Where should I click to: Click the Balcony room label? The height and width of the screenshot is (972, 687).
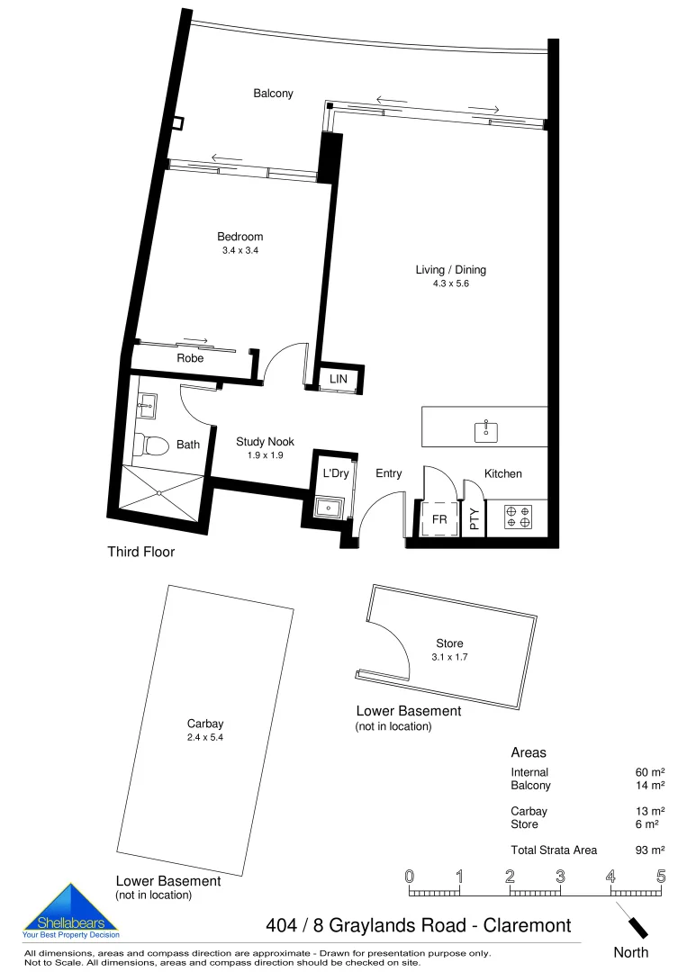tap(273, 94)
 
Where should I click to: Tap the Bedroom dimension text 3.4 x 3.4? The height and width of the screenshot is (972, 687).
tap(240, 251)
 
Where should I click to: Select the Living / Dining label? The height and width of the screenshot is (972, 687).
tap(450, 269)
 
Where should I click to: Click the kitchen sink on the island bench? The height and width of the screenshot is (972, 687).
tap(486, 430)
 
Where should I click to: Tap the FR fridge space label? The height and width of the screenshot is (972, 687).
tap(439, 520)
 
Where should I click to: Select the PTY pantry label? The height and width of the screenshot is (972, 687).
tap(475, 520)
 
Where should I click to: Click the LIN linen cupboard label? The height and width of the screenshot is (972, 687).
tap(338, 380)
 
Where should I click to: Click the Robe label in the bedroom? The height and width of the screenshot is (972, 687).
tap(190, 358)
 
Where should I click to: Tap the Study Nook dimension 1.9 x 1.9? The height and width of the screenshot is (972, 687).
tap(265, 455)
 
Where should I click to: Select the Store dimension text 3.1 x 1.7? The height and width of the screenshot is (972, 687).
tap(449, 657)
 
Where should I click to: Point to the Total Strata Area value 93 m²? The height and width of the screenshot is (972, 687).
tap(649, 850)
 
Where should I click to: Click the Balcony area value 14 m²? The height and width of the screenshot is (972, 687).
tap(649, 786)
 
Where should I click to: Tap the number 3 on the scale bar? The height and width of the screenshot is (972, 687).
tap(560, 876)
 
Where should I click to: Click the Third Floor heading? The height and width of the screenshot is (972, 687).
tap(140, 552)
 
